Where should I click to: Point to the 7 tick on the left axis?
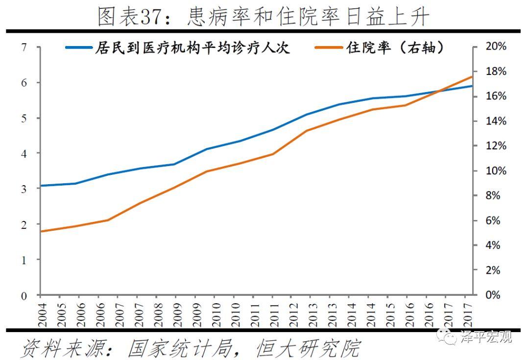(24, 48)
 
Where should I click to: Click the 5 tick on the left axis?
(24, 118)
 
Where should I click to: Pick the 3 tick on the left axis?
(24, 189)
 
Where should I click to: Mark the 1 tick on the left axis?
(24, 260)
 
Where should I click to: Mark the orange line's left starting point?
(41, 231)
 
